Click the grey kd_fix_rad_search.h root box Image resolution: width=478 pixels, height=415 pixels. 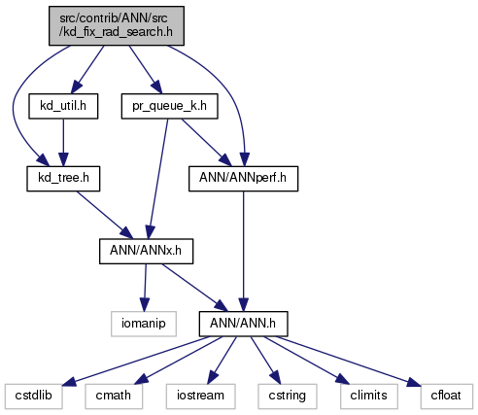click(117, 25)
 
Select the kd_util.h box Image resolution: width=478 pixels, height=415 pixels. click(63, 106)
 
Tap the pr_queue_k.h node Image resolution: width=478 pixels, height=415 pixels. click(170, 106)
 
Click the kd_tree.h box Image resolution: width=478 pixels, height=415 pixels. click(63, 179)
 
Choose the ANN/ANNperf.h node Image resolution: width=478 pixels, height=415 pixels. click(243, 179)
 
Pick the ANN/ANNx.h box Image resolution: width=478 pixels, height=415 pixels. click(146, 251)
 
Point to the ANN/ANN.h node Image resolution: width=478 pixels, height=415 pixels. click(243, 324)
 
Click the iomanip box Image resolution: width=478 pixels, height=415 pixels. click(144, 324)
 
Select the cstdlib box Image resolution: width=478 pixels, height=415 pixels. click(34, 397)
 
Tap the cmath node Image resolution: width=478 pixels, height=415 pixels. click(114, 397)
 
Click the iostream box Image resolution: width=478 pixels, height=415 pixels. click(201, 397)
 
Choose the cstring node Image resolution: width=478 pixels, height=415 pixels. click(288, 397)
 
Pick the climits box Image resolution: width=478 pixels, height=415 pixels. click(369, 397)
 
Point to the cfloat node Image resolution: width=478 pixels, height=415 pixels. click(446, 397)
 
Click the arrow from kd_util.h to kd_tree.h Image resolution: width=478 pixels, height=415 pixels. click(63, 143)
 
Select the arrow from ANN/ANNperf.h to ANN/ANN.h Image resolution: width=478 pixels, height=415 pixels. click(243, 252)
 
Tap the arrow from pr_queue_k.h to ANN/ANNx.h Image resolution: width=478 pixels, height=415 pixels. click(158, 179)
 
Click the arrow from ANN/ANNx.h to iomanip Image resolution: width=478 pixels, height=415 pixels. click(145, 288)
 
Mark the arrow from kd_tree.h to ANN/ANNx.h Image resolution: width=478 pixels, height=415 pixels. click(105, 215)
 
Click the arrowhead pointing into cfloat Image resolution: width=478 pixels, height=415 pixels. click(414, 383)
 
